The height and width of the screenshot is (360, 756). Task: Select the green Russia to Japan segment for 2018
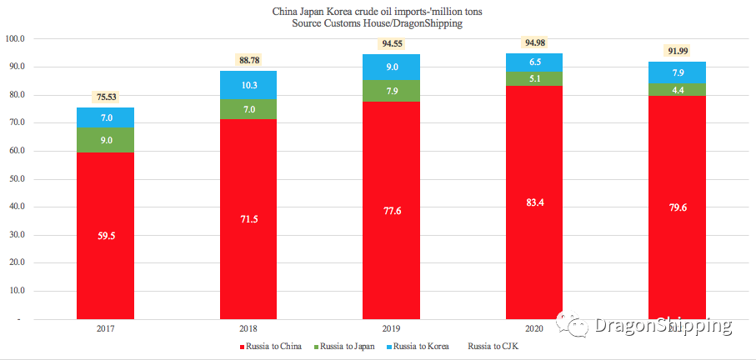point(248,109)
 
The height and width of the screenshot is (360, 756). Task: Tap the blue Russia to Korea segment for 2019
point(392,67)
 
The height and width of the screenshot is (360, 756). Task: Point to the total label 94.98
point(534,42)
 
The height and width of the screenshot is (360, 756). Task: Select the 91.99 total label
point(677,51)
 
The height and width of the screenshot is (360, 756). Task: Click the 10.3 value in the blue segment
point(248,85)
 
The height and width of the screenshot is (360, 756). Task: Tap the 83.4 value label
point(534,202)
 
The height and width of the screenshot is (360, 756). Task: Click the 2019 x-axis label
point(391,329)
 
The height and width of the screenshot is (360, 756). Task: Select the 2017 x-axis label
point(105,329)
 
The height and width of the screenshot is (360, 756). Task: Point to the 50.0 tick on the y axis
point(16,179)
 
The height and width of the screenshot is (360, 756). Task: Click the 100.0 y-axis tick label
point(15,39)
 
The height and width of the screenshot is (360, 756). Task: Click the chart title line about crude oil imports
point(377,12)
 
